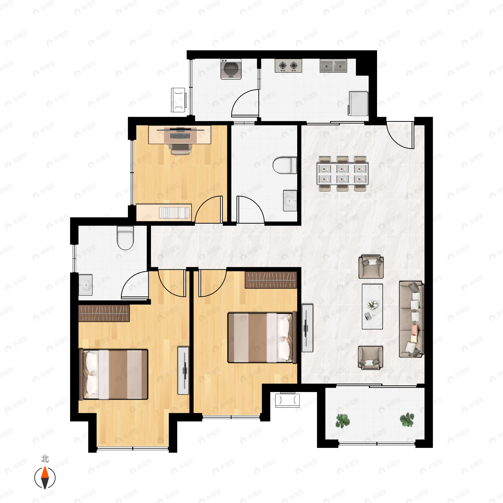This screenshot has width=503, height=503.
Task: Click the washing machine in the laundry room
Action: tap(231, 69)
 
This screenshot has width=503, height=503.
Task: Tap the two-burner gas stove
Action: tap(288, 66)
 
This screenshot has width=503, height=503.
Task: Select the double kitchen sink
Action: tap(333, 66)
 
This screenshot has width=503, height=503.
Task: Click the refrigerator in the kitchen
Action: tap(358, 103)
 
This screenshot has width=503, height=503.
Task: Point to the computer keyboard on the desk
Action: tap(180, 136)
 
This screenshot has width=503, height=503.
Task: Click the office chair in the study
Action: tap(180, 149)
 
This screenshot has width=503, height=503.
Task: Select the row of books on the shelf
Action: tap(174, 213)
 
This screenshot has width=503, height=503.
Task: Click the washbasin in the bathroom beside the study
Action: tap(290, 201)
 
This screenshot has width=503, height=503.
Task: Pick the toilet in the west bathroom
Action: tap(125, 237)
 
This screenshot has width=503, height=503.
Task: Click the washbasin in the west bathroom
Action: tap(85, 285)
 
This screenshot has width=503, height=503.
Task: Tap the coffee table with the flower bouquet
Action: tap(372, 306)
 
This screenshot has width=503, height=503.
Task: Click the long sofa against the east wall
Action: tap(411, 319)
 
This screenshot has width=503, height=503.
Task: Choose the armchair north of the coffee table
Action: tap(371, 266)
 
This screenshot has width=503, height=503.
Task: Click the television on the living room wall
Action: tap(307, 328)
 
